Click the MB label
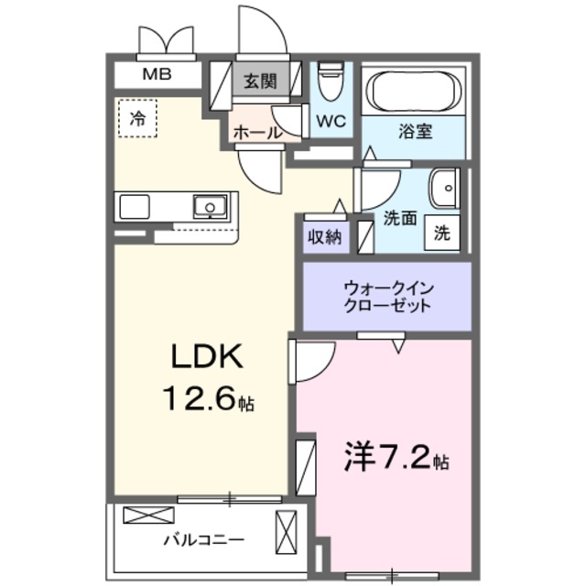[x=155, y=76]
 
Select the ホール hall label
[x=257, y=133]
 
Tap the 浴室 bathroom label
[x=415, y=131]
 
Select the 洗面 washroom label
[x=401, y=219]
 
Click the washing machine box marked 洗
[x=442, y=233]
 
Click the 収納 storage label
[x=324, y=236]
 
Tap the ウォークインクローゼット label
[x=387, y=297]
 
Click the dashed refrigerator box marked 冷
[x=137, y=118]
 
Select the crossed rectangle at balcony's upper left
[x=141, y=515]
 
